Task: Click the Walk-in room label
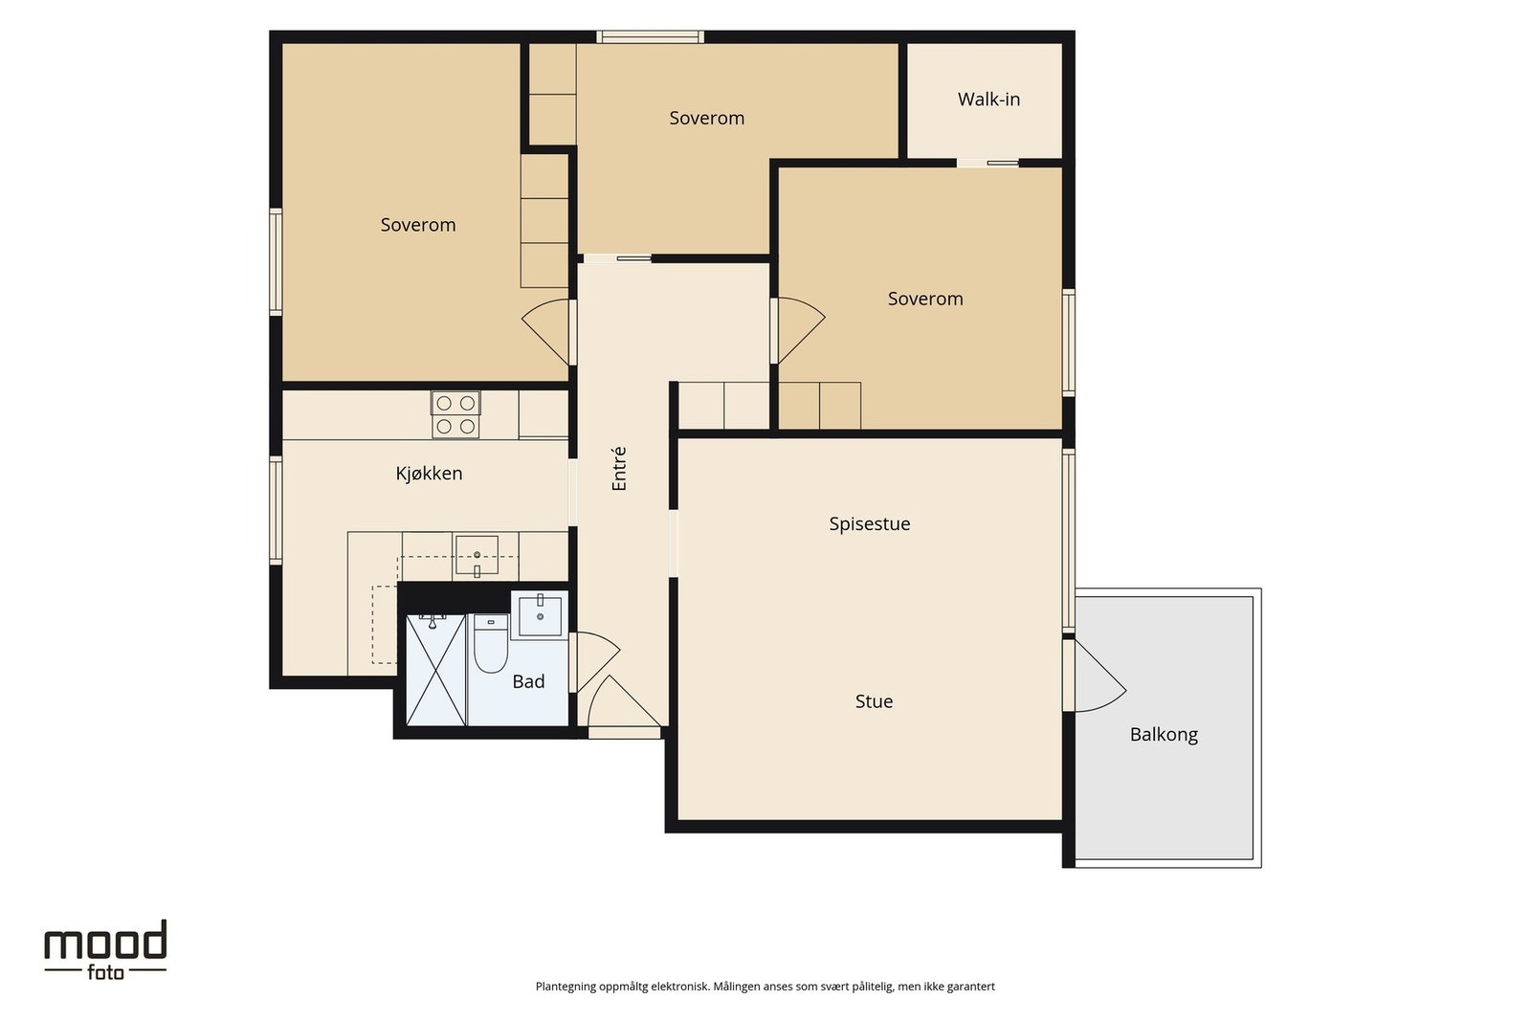coord(988,100)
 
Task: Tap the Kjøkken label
coord(430,474)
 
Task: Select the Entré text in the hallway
coord(619,469)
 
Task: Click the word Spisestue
coord(870,524)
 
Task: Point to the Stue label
coord(875,701)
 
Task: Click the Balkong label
coord(1164,735)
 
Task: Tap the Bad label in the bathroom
coord(528,681)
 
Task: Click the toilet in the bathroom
coord(491,643)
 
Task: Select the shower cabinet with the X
coord(435,670)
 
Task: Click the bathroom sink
coord(540,615)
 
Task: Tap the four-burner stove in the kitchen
coord(455,415)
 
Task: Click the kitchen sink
coord(477,558)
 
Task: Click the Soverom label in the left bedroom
coord(417,225)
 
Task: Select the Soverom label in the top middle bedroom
coord(707,119)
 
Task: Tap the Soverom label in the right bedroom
coord(925,299)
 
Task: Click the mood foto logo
coord(105,950)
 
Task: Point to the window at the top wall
coord(650,37)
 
